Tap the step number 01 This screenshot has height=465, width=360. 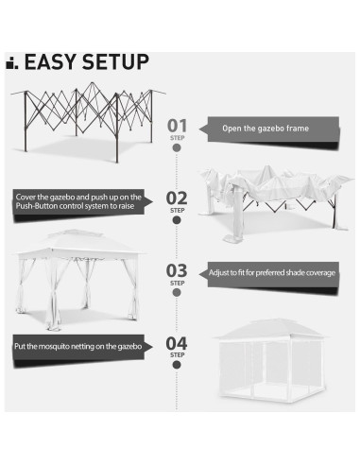click(x=177, y=125)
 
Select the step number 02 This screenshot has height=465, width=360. click(x=177, y=197)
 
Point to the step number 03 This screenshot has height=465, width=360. click(x=177, y=270)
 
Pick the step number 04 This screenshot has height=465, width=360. click(x=177, y=342)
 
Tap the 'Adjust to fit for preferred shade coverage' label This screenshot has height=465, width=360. click(x=271, y=273)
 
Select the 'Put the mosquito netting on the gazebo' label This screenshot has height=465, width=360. click(x=78, y=346)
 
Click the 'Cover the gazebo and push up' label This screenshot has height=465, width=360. click(x=78, y=202)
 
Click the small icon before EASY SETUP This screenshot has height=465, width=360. click(x=11, y=64)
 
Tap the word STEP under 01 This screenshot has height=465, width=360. click(x=177, y=138)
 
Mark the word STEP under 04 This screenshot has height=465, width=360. click(x=177, y=355)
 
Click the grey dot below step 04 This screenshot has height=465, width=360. click(x=177, y=368)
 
